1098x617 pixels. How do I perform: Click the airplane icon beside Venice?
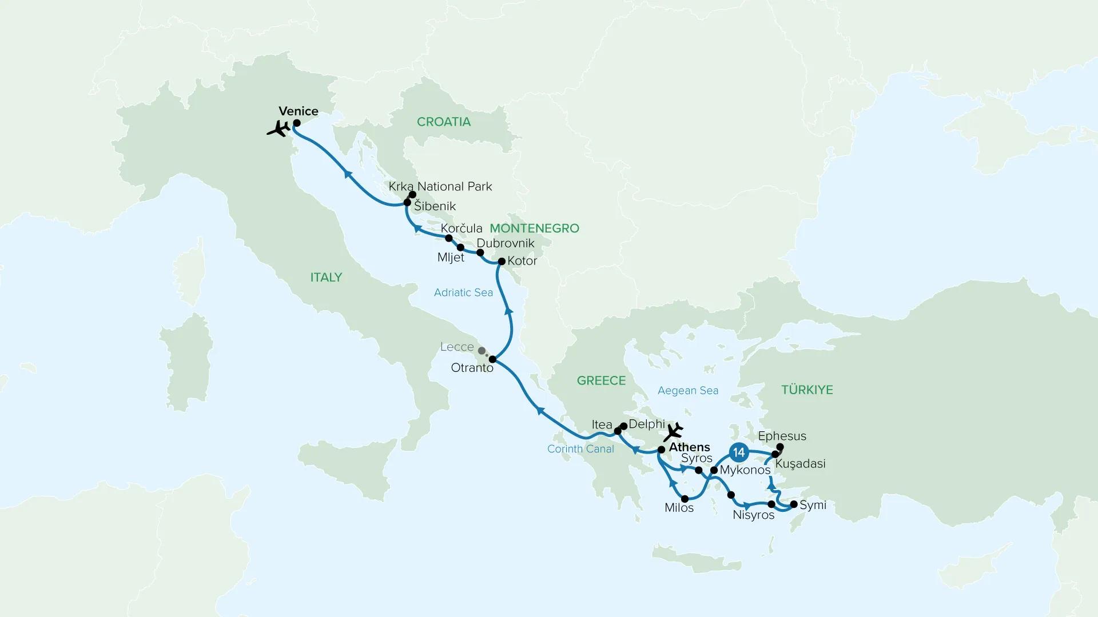[x=279, y=129]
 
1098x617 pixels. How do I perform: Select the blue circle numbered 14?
[x=739, y=452]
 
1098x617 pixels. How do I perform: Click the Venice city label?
[x=299, y=111]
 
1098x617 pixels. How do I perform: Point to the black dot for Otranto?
[x=492, y=359]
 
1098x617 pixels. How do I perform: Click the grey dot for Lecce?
[x=482, y=351]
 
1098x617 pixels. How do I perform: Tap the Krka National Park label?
[x=440, y=187]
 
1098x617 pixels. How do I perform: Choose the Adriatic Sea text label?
[x=463, y=293]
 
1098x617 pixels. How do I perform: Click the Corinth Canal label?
[x=580, y=449]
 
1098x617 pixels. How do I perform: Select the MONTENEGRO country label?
[x=534, y=229]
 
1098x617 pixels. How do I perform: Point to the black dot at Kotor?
[x=502, y=262]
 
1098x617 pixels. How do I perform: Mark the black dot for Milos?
[x=685, y=499]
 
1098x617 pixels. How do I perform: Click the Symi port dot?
[x=793, y=504]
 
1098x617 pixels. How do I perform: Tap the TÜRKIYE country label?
[x=807, y=390]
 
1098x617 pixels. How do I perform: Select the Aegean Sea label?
[x=688, y=391]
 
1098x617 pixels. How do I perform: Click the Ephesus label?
[x=782, y=436]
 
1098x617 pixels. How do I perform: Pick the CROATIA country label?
[x=444, y=122]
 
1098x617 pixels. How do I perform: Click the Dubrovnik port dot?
[x=480, y=253]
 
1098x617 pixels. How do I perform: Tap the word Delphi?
[x=647, y=424]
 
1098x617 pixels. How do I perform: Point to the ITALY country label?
[x=326, y=278]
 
